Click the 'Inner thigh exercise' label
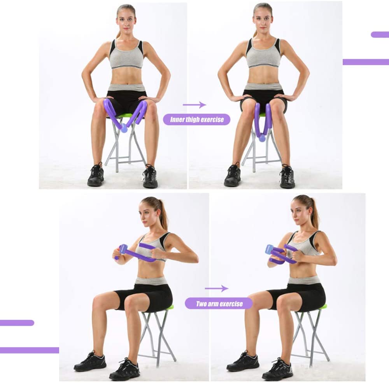point(196,119)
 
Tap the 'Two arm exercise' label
point(219,304)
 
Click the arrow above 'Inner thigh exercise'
point(194,105)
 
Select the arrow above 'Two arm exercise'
point(216,288)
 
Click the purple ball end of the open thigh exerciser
point(124,129)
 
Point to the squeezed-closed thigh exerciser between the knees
point(263,121)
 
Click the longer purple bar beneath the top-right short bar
point(366,62)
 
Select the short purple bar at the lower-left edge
point(16,323)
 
